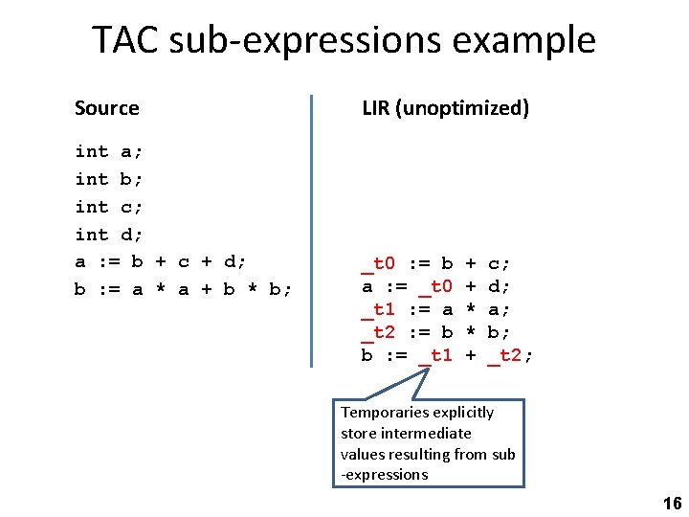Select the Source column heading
coord(106,108)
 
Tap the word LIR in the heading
coord(375,108)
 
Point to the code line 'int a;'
coord(108,151)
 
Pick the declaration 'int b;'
coord(108,179)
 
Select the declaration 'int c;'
coord(108,207)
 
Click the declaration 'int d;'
coord(108,235)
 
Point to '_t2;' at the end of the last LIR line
coord(510,356)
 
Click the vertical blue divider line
coord(312,230)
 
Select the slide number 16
coord(672,504)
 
